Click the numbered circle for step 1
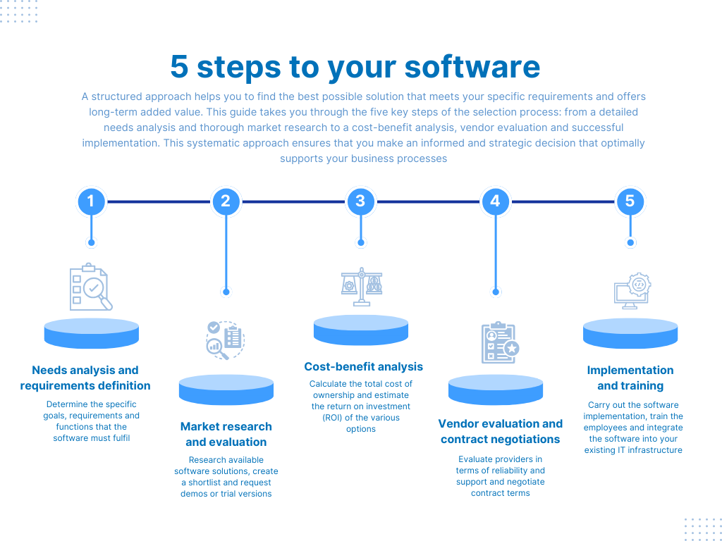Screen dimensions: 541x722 click(91, 201)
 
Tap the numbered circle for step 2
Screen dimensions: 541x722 click(226, 201)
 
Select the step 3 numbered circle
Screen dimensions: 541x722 click(360, 201)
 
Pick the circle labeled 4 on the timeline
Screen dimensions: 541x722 click(495, 201)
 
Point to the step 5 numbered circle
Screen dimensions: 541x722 click(630, 201)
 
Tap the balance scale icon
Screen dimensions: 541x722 click(361, 285)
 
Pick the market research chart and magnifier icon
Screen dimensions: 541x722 click(225, 340)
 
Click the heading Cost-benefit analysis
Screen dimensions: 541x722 click(363, 366)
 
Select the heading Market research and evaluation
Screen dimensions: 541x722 click(226, 434)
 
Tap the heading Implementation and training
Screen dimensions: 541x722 click(630, 378)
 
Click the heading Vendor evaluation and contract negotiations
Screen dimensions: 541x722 click(500, 431)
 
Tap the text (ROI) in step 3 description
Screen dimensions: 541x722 click(326, 418)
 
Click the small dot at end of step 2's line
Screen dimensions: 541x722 click(226, 292)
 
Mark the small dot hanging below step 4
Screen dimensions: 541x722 click(496, 292)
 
